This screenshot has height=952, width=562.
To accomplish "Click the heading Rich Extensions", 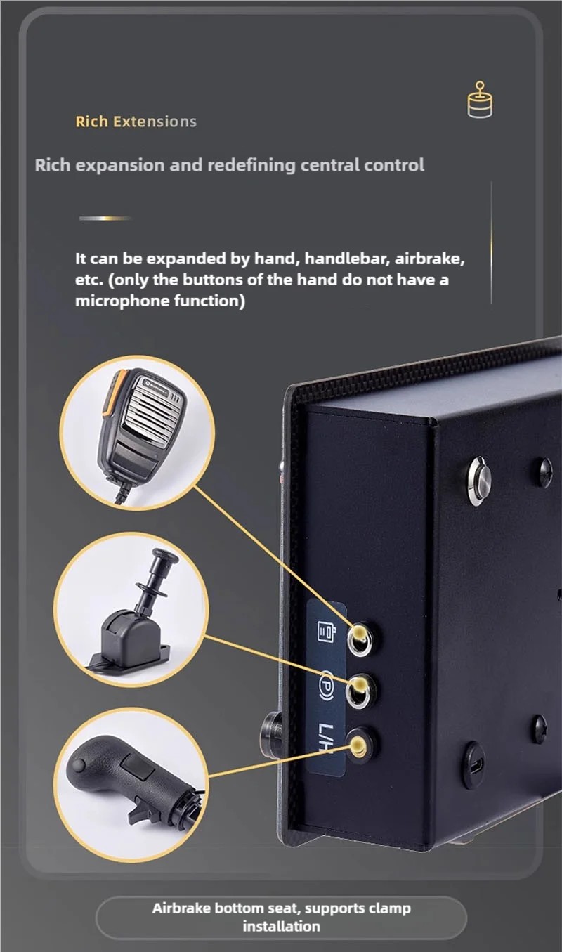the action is pyautogui.click(x=136, y=122).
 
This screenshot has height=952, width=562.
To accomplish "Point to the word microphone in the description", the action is pyautogui.click(x=122, y=301).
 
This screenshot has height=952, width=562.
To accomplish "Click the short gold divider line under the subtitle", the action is pyautogui.click(x=105, y=218).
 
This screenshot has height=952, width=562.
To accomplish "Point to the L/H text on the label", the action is pyautogui.click(x=325, y=738).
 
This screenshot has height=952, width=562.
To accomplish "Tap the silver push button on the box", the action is pyautogui.click(x=478, y=481).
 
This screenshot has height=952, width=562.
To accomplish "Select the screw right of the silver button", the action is pyautogui.click(x=543, y=472).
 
